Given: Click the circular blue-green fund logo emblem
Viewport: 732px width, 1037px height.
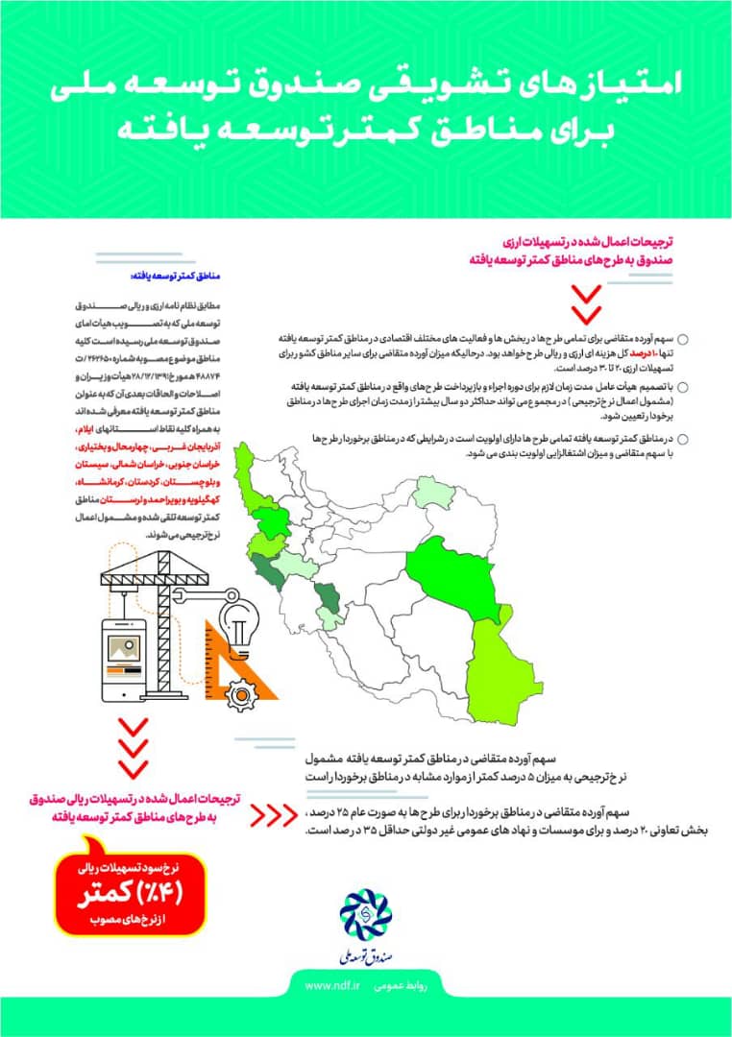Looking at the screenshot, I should [x=366, y=913].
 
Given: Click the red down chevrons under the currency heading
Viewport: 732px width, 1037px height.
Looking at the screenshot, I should [x=585, y=302].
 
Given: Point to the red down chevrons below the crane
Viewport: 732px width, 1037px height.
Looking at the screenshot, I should [x=133, y=746].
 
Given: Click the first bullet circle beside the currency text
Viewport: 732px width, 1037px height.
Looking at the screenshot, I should [x=683, y=340].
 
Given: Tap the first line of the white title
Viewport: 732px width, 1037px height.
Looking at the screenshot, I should [x=366, y=86].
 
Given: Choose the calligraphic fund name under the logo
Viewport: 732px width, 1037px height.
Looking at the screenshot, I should [x=365, y=953].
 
